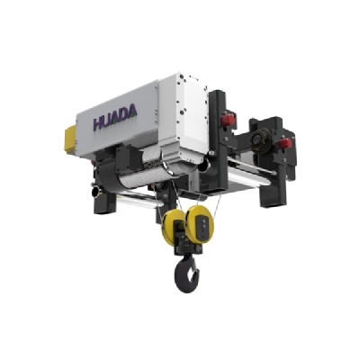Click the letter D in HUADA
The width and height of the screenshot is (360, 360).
129,111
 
